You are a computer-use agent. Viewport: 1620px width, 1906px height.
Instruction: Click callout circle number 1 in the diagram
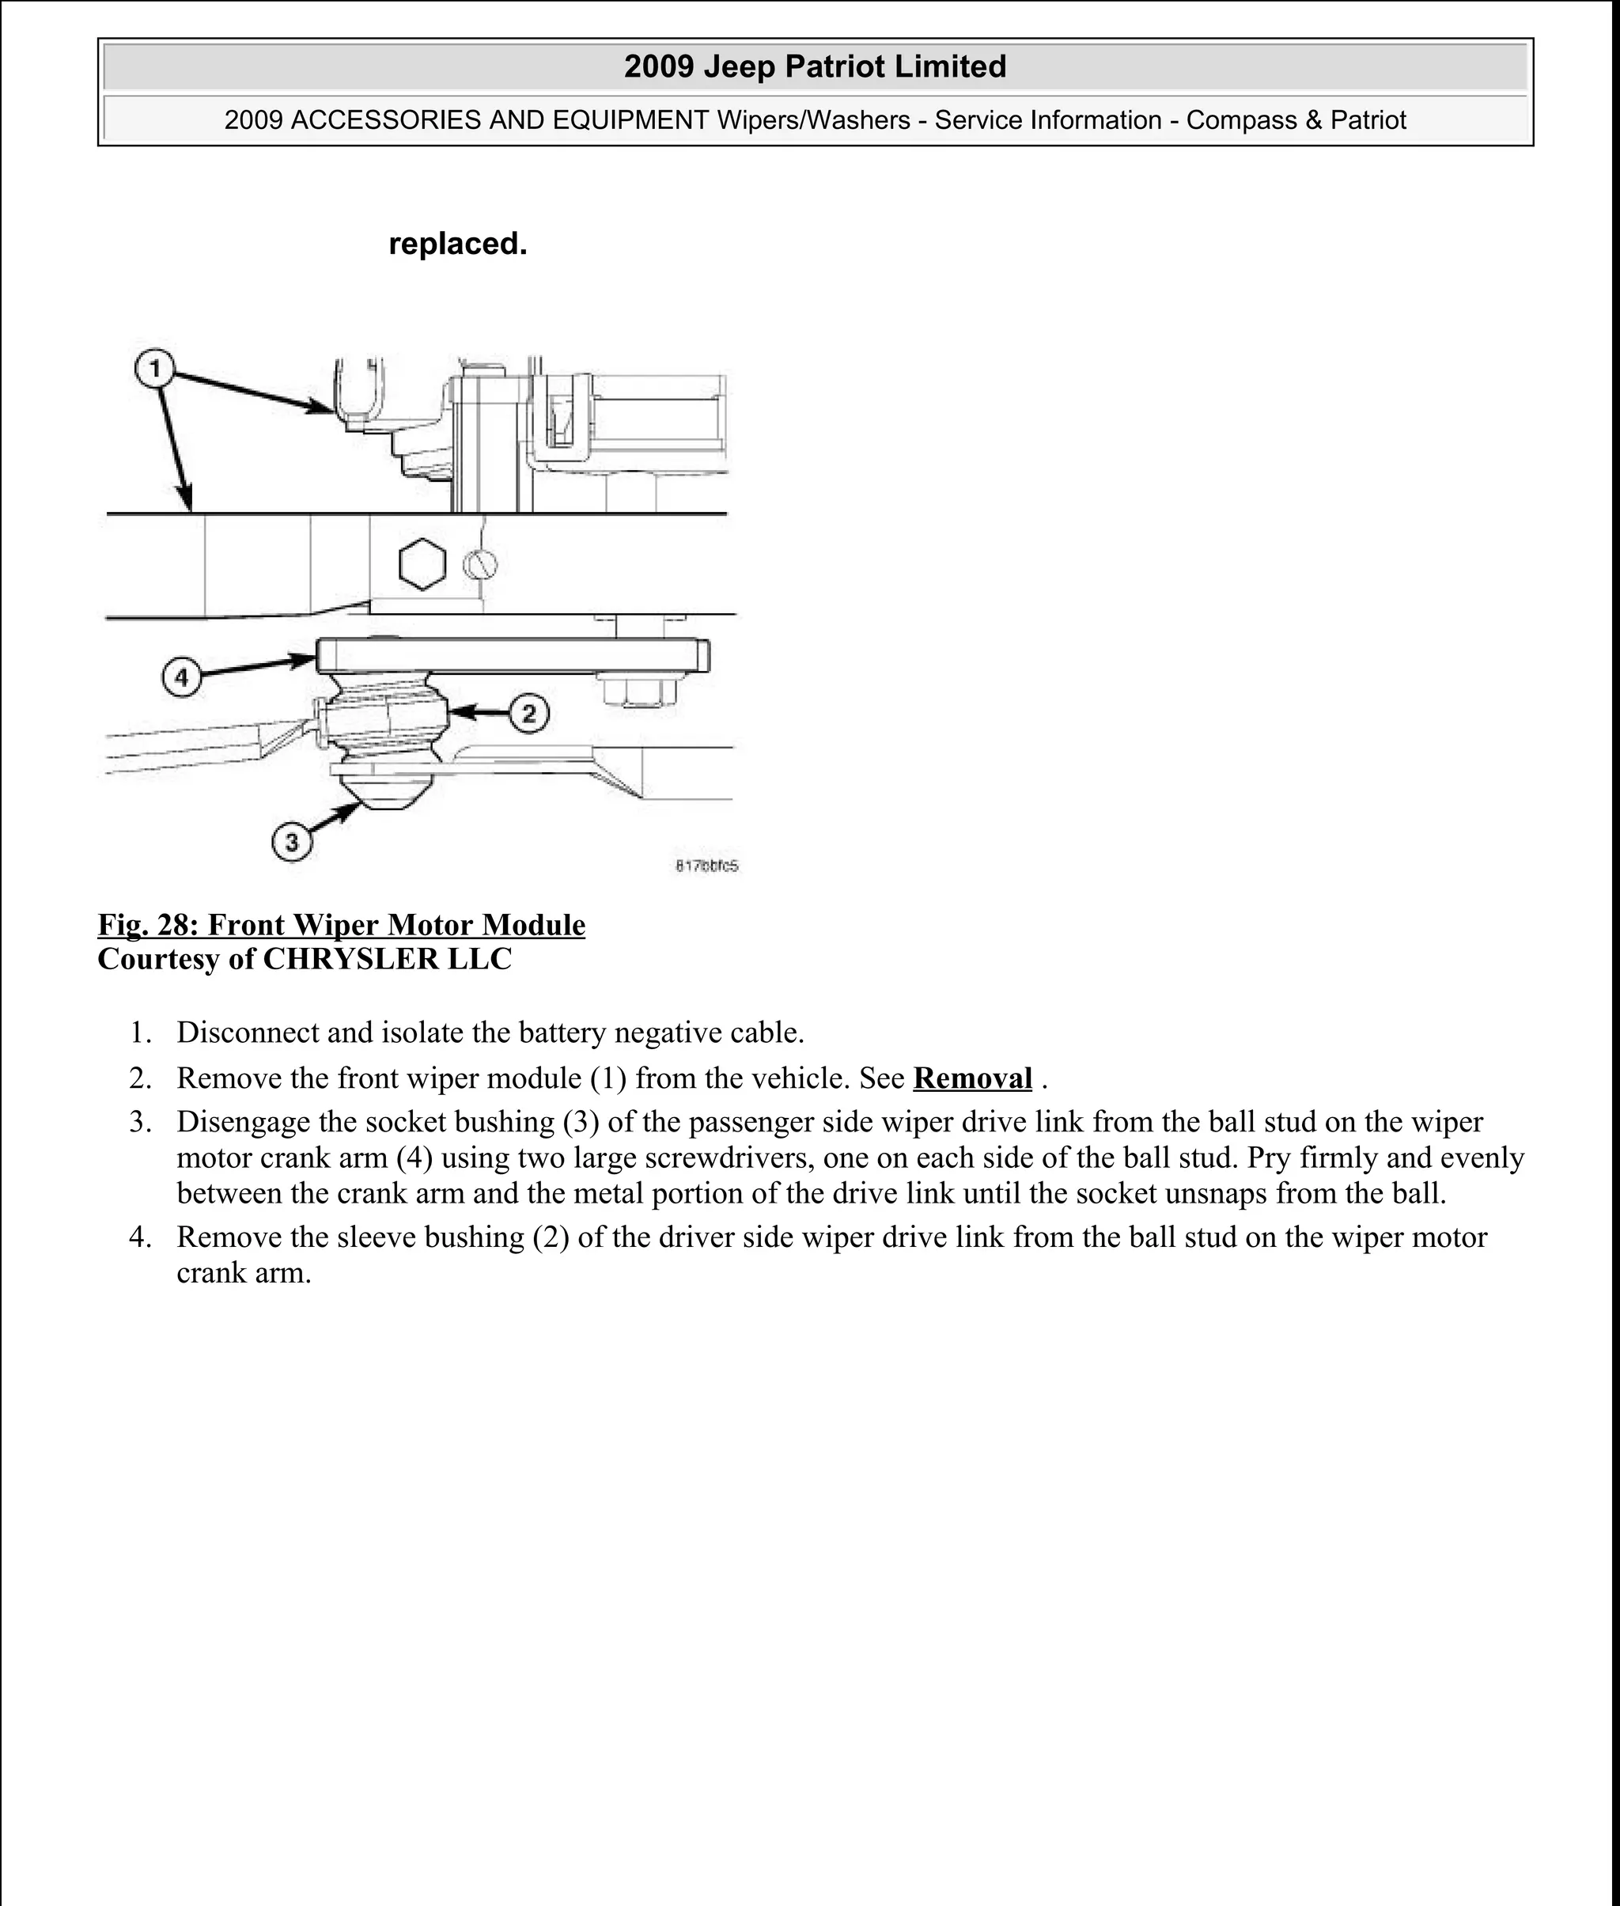pyautogui.click(x=154, y=369)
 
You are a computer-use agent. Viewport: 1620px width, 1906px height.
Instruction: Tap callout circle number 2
pyautogui.click(x=529, y=713)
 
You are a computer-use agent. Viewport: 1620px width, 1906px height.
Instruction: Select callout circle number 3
pyautogui.click(x=292, y=841)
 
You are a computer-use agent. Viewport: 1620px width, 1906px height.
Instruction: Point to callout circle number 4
pyautogui.click(x=181, y=678)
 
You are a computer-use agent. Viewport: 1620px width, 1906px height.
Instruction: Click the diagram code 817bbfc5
pyautogui.click(x=706, y=866)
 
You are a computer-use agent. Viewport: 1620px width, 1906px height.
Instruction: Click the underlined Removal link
pyautogui.click(x=971, y=1078)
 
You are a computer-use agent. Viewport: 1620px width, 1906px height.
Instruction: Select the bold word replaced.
pyautogui.click(x=457, y=244)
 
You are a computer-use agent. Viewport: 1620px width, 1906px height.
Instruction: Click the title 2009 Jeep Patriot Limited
pyautogui.click(x=815, y=66)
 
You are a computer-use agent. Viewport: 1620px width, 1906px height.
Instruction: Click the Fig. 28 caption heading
pyautogui.click(x=342, y=924)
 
